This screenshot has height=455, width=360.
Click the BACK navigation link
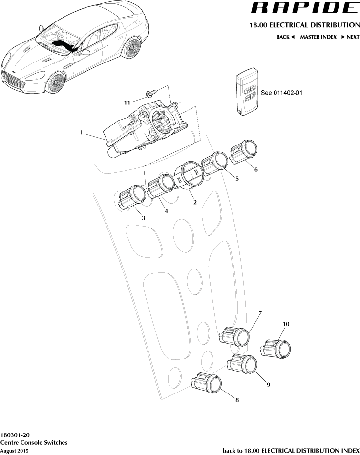(285, 37)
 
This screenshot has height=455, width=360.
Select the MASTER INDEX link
(318, 37)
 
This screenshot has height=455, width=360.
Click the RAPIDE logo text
(304, 8)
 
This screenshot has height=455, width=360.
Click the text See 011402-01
(282, 92)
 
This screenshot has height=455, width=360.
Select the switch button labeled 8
(207, 384)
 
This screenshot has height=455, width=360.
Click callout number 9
(268, 384)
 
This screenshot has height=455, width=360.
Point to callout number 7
(260, 312)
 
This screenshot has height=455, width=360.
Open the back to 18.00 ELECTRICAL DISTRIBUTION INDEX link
(291, 450)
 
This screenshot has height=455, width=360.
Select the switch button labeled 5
(215, 163)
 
